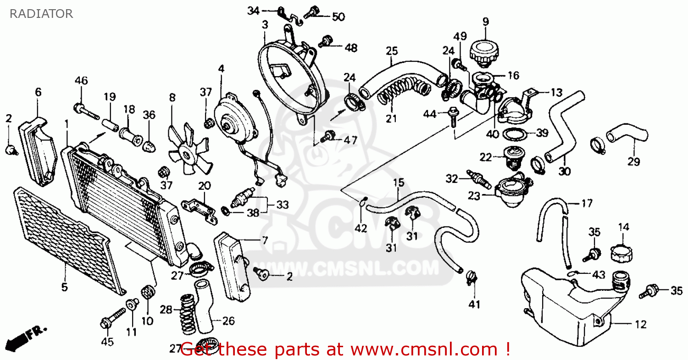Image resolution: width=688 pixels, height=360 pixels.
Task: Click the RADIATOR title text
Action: pos(41,14)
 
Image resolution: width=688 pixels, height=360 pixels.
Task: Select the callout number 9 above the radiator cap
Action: pos(485,21)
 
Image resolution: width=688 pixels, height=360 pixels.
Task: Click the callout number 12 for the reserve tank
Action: pos(640,325)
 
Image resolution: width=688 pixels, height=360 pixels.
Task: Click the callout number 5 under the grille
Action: pos(64,288)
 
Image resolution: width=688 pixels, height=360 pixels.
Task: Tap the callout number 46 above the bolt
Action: pos(81,81)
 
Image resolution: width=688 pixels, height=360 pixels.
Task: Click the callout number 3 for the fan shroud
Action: pos(265,25)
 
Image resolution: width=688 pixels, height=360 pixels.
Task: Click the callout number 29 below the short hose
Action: pos(633,161)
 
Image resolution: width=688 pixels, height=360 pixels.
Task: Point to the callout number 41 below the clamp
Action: pos(475,304)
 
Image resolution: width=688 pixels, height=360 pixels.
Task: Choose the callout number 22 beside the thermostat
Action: pos(486,157)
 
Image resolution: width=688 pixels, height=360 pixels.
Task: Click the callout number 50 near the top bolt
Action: pos(338,17)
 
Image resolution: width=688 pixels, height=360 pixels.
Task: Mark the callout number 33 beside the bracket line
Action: pos(282,205)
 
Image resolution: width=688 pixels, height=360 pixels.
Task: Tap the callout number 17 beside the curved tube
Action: pos(587,203)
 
